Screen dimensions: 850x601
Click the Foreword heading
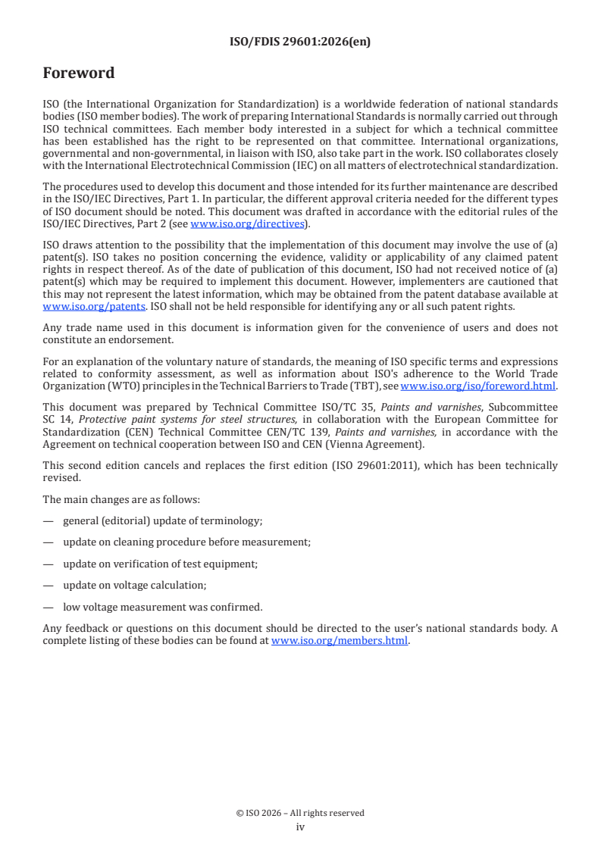click(x=79, y=73)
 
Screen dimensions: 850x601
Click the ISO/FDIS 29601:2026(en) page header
click(x=300, y=42)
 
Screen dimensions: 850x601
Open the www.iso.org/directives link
click(x=247, y=223)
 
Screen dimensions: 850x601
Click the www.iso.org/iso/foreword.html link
click(x=477, y=386)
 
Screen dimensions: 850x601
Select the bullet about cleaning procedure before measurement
click(x=186, y=542)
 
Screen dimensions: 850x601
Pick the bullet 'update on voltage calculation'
click(x=134, y=585)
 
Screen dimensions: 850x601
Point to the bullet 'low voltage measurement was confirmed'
click(x=162, y=606)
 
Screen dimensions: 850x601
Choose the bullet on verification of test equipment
click(x=171, y=563)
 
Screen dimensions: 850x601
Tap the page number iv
click(x=300, y=827)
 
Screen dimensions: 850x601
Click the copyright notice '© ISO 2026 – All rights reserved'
click(x=300, y=813)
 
